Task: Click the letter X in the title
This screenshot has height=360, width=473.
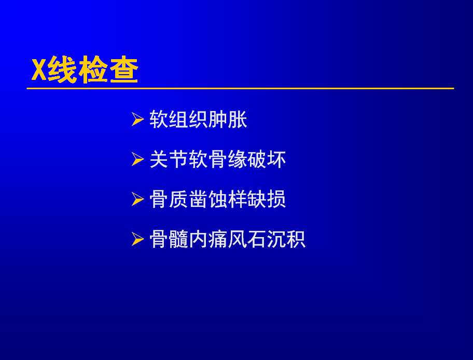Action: pyautogui.click(x=39, y=70)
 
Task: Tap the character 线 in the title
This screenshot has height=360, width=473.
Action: pyautogui.click(x=62, y=70)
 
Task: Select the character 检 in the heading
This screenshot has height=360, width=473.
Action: pyautogui.click(x=93, y=70)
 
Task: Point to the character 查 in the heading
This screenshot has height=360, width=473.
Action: pyautogui.click(x=124, y=70)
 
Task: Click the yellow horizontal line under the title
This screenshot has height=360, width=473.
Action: pyautogui.click(x=240, y=88)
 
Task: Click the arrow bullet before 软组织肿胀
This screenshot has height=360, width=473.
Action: pyautogui.click(x=137, y=119)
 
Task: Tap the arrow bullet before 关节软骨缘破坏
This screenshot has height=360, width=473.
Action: pyautogui.click(x=137, y=159)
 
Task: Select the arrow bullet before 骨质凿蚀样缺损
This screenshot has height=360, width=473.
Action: pyautogui.click(x=137, y=199)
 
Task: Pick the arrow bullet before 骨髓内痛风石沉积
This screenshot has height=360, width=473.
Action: pyautogui.click(x=137, y=239)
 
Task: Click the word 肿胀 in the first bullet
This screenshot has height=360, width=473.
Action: pyautogui.click(x=228, y=119)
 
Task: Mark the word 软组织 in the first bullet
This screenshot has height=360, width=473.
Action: pyautogui.click(x=178, y=119)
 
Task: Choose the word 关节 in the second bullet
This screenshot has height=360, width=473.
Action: pyautogui.click(x=169, y=159)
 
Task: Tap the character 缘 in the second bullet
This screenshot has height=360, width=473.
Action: pyautogui.click(x=237, y=159)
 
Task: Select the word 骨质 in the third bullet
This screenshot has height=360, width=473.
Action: pyautogui.click(x=169, y=200)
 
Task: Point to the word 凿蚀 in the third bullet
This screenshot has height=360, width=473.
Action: pyautogui.click(x=208, y=200)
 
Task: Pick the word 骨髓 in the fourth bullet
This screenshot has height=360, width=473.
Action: pyautogui.click(x=169, y=240)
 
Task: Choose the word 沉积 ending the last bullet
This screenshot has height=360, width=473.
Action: pyautogui.click(x=286, y=240)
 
